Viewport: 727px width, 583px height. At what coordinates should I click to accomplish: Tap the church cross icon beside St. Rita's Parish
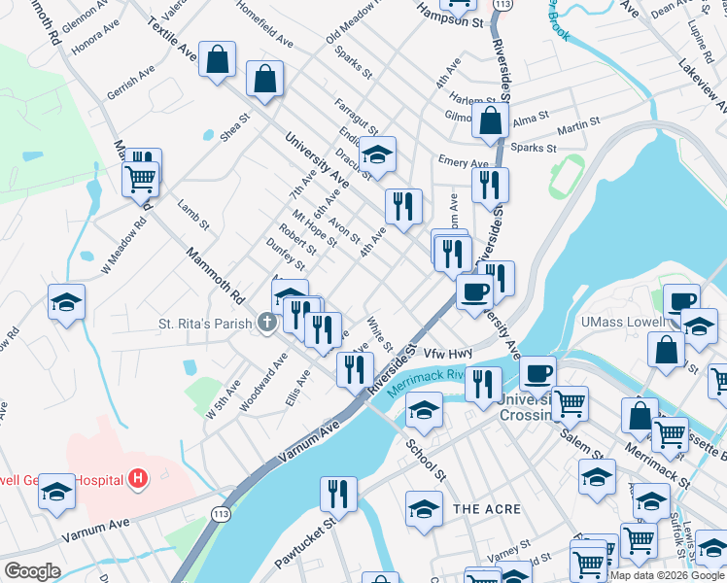click(268, 323)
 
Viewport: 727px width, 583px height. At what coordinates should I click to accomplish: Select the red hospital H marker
click(138, 478)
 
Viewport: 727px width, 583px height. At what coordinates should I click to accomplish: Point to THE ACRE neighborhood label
click(487, 509)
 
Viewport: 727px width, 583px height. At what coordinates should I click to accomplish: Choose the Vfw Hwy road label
click(447, 354)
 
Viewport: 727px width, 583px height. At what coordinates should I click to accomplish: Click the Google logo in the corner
click(32, 571)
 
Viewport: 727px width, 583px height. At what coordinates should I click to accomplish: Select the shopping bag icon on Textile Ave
click(218, 58)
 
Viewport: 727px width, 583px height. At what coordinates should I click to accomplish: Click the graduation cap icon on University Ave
click(377, 153)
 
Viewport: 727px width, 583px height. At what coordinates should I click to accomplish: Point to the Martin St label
click(578, 125)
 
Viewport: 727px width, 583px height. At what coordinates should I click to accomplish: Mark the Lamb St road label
click(193, 215)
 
